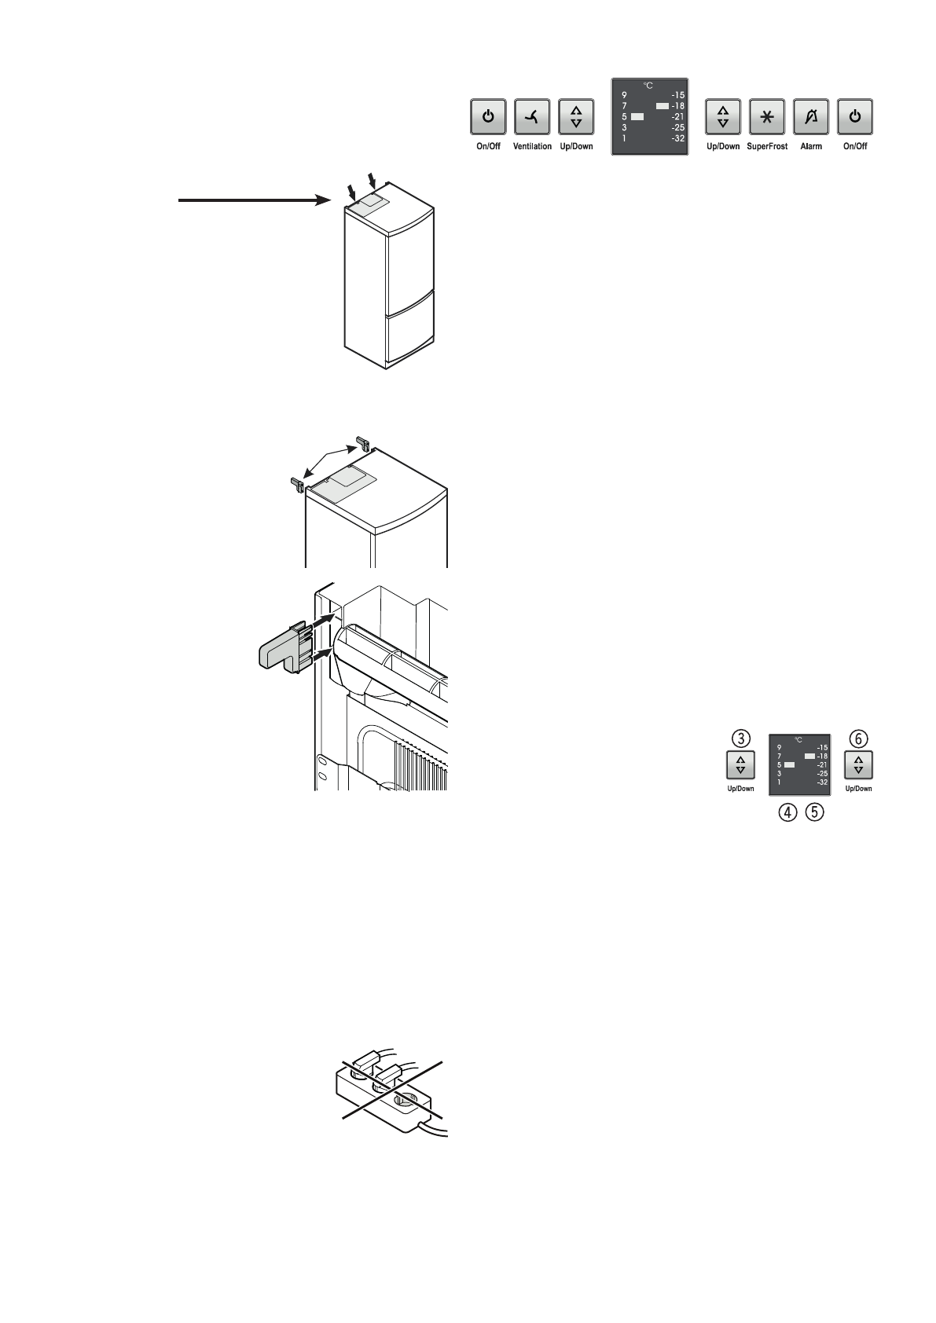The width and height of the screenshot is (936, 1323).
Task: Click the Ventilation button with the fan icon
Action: click(532, 118)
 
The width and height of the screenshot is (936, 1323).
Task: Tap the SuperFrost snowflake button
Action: click(768, 118)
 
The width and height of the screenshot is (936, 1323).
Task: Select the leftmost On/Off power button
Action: click(488, 118)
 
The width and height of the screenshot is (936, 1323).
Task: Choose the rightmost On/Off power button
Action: click(855, 118)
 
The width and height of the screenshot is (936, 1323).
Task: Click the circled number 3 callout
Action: click(740, 738)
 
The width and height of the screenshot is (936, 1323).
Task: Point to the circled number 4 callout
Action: click(785, 813)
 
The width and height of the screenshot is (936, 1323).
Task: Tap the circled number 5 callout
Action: click(814, 813)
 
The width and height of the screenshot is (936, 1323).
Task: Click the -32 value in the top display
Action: click(677, 138)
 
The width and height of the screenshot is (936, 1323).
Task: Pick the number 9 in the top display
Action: click(623, 95)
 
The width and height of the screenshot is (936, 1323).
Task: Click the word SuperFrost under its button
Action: click(767, 147)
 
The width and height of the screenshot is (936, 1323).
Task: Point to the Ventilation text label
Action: click(532, 147)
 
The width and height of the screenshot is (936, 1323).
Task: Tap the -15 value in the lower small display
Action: click(821, 747)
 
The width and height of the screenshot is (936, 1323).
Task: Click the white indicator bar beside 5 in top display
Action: click(637, 116)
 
